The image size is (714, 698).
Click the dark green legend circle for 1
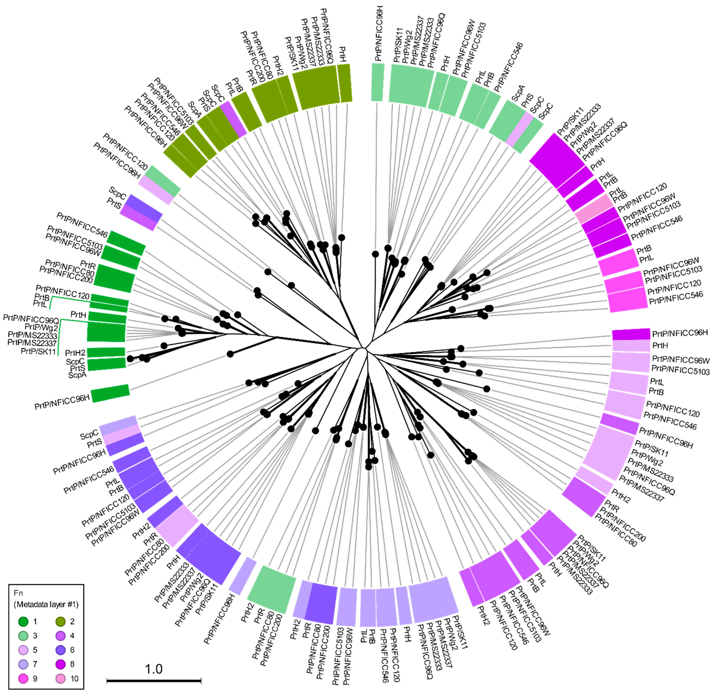23,621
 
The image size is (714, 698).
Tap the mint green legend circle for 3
23,636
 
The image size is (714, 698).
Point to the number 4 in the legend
72,636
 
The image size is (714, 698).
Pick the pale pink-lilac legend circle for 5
23,650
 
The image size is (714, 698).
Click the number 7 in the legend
35,664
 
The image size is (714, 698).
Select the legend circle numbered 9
23,679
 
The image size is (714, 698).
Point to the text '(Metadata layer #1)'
46,604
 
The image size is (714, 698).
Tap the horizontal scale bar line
154,681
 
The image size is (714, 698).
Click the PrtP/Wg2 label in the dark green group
41,327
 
